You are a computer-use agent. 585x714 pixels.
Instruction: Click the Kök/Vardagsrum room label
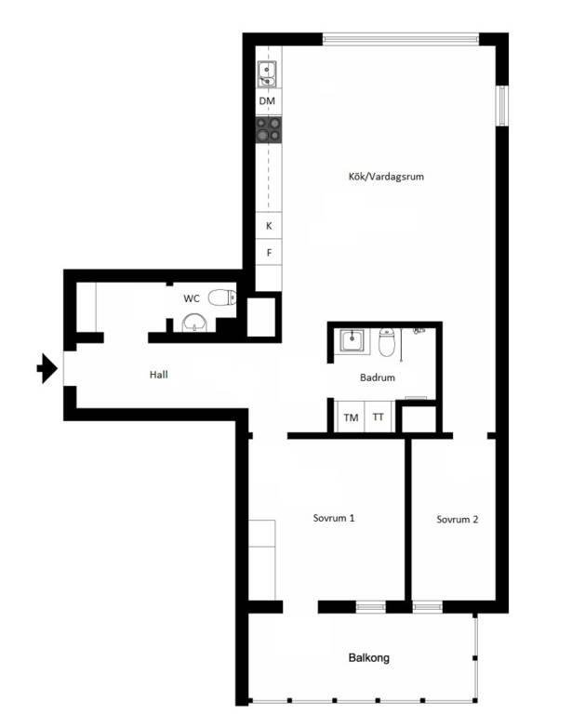pyautogui.click(x=386, y=177)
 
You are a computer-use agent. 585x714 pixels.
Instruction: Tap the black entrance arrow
pyautogui.click(x=47, y=368)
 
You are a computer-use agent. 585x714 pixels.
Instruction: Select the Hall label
pyautogui.click(x=158, y=375)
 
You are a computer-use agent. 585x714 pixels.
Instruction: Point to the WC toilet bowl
pyautogui.click(x=222, y=297)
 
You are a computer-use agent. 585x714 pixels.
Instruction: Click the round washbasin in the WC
pyautogui.click(x=194, y=323)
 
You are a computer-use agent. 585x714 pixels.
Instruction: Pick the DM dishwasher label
pyautogui.click(x=267, y=101)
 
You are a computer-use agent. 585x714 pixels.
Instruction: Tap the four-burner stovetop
pyautogui.click(x=269, y=129)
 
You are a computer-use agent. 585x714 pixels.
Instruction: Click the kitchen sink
pyautogui.click(x=267, y=74)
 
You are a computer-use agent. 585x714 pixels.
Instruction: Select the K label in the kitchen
pyautogui.click(x=269, y=226)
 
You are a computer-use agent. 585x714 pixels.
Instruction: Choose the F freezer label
pyautogui.click(x=270, y=253)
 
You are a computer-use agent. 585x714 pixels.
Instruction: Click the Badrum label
pyautogui.click(x=378, y=377)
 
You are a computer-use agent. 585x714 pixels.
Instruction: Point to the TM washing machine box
pyautogui.click(x=350, y=416)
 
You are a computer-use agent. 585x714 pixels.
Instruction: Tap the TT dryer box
pyautogui.click(x=379, y=416)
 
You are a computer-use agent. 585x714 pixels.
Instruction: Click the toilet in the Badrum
pyautogui.click(x=387, y=341)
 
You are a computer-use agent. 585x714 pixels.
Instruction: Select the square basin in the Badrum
pyautogui.click(x=352, y=340)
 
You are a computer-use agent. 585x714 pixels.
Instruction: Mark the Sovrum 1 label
pyautogui.click(x=334, y=518)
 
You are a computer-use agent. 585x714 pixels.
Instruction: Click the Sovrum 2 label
pyautogui.click(x=457, y=520)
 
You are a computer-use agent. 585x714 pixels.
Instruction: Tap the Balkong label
pyautogui.click(x=369, y=657)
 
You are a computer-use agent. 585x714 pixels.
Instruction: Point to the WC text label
pyautogui.click(x=192, y=298)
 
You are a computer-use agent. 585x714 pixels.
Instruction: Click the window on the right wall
pyautogui.click(x=502, y=106)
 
